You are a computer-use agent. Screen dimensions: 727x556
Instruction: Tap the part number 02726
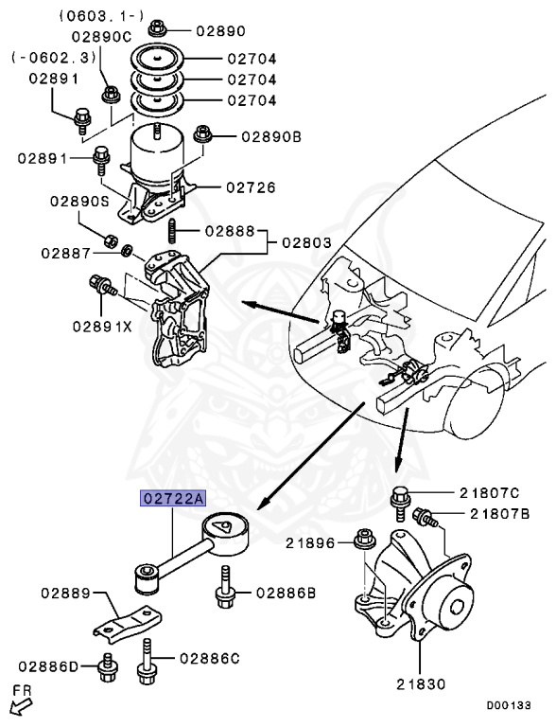tap(250, 187)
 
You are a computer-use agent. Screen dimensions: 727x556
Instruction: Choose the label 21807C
tap(490, 492)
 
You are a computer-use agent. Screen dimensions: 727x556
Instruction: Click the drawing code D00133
tap(510, 705)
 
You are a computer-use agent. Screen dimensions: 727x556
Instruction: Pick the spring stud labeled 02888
tap(174, 230)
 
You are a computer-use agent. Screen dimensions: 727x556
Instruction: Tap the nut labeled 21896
tap(362, 541)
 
